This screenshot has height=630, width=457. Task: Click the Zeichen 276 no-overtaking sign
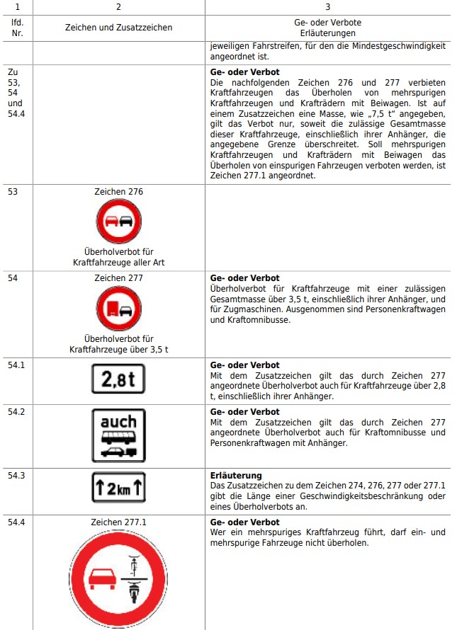click(119, 221)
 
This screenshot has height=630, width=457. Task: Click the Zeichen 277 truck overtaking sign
click(119, 308)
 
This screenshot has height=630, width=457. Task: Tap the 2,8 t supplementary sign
click(118, 379)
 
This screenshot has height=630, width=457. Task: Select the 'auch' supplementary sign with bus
click(118, 435)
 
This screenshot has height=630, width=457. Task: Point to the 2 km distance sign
click(118, 487)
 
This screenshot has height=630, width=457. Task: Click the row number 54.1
click(16, 365)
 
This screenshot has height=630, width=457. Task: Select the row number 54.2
click(16, 411)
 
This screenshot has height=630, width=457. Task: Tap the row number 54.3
click(16, 475)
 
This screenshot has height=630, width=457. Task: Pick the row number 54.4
click(16, 522)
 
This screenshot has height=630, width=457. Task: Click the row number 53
click(13, 191)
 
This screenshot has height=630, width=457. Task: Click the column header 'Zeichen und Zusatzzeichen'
click(118, 28)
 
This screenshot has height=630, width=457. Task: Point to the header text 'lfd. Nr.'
click(17, 28)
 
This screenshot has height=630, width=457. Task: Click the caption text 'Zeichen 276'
click(118, 192)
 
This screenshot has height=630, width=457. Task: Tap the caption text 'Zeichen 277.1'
click(118, 522)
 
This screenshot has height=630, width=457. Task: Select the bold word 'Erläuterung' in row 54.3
click(236, 475)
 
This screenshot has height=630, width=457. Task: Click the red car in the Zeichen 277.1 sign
click(101, 579)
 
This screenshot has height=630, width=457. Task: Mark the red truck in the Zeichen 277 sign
click(111, 309)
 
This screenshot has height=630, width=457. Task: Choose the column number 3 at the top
click(328, 6)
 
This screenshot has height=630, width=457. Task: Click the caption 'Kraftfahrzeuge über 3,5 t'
click(118, 349)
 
